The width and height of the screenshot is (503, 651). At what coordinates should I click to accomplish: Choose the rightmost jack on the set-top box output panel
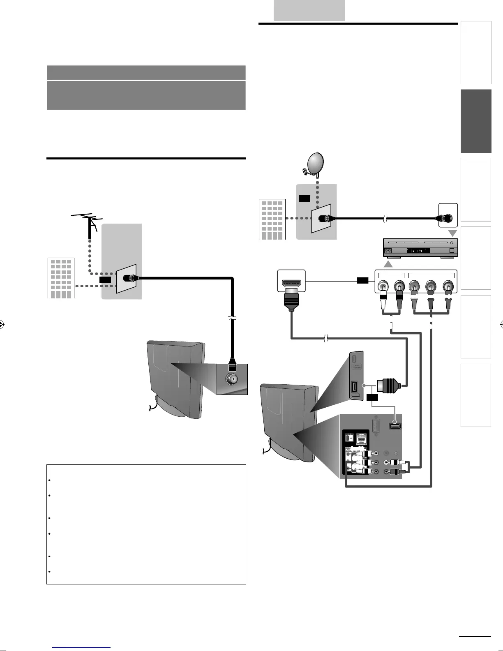click(448, 285)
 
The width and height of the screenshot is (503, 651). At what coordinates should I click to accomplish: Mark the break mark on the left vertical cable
click(233, 319)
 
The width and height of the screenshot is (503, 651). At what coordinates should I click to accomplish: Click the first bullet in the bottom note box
click(49, 480)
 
